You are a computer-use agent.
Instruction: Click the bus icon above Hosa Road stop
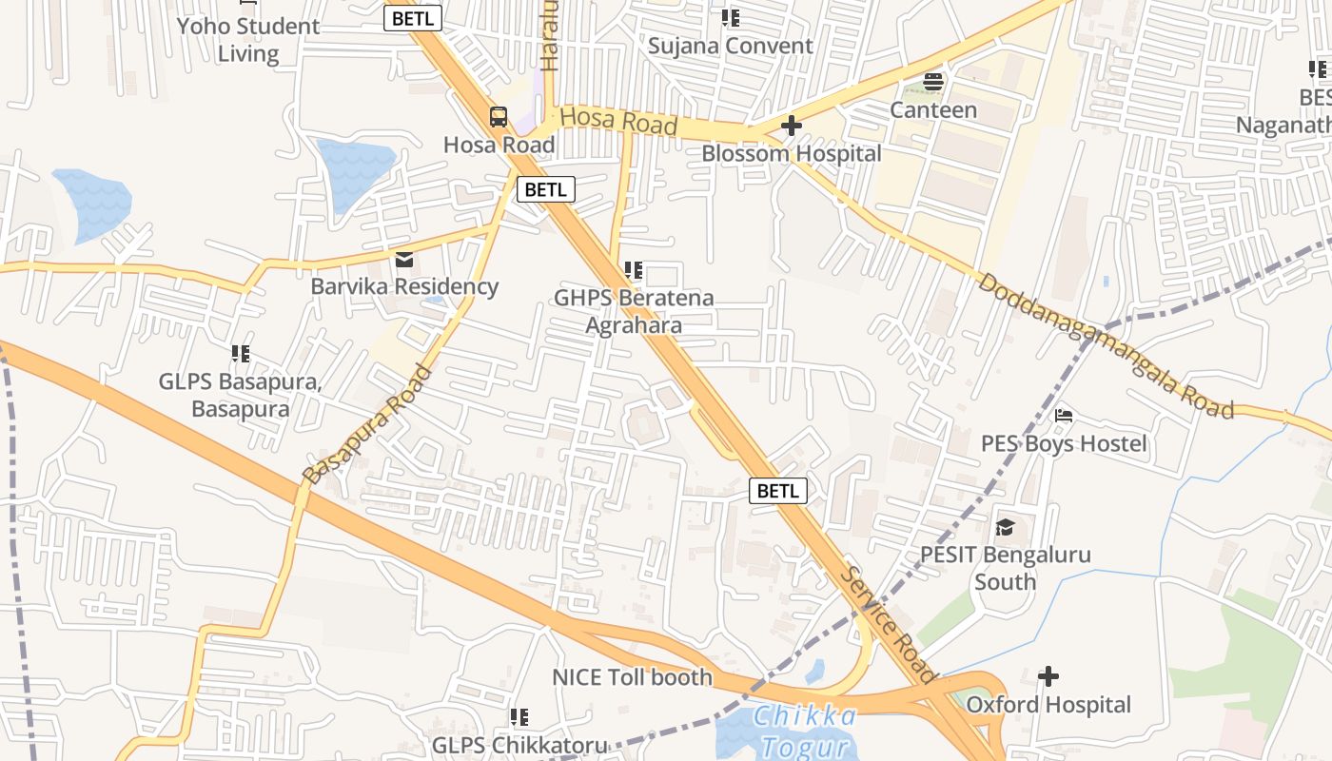(499, 117)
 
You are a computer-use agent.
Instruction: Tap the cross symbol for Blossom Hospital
(791, 126)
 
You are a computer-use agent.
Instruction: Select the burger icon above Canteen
(933, 82)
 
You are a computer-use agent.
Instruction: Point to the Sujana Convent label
(730, 46)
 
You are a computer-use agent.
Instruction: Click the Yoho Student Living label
(248, 39)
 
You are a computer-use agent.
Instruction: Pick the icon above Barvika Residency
(404, 260)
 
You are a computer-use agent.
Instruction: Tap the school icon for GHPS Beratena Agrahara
(634, 271)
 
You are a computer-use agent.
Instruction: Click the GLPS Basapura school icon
(241, 355)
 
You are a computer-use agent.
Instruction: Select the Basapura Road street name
(367, 423)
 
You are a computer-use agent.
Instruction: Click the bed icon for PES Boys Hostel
(1064, 416)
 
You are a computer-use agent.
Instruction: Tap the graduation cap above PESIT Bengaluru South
(1005, 527)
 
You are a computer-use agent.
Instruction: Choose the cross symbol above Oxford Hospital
(1048, 677)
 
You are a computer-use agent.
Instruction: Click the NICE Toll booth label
(632, 677)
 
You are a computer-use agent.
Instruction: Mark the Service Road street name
(890, 625)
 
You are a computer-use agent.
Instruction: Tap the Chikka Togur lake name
(804, 730)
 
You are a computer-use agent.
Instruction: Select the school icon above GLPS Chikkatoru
(519, 717)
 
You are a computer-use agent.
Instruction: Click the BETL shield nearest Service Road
(778, 491)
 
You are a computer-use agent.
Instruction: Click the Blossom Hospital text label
(791, 153)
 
